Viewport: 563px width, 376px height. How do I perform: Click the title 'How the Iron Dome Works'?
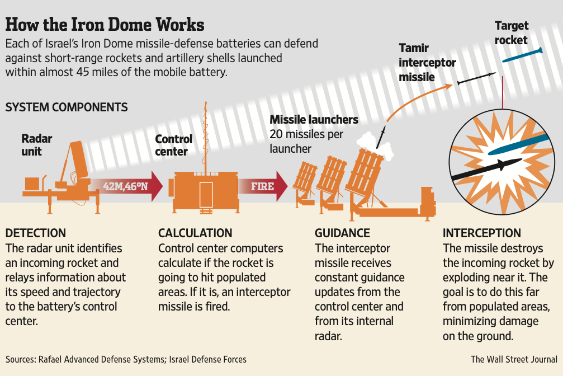[105, 25]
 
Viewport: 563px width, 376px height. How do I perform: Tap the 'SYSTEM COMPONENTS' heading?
[67, 107]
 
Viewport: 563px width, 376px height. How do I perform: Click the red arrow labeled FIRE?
[263, 186]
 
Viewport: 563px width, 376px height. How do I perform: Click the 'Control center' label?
[173, 145]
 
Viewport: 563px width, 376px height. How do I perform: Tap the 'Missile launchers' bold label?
[314, 120]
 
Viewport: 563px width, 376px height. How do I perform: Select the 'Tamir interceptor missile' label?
[427, 62]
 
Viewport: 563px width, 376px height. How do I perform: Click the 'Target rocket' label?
[511, 33]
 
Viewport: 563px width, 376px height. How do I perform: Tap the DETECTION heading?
[36, 233]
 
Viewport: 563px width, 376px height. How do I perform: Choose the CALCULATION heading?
[195, 233]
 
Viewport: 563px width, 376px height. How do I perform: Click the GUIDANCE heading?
[342, 233]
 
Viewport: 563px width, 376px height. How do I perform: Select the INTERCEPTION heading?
[481, 233]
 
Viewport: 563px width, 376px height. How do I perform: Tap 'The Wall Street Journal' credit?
[514, 359]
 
